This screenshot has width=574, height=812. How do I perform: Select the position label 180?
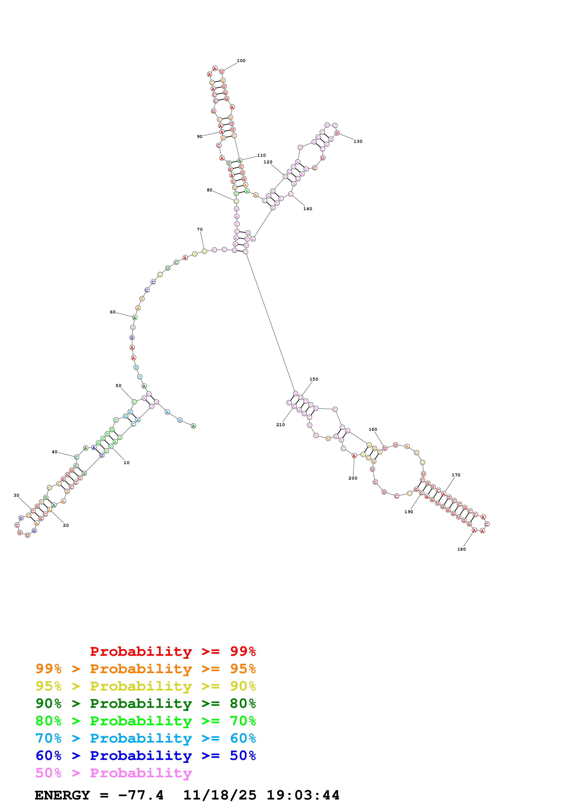click(461, 549)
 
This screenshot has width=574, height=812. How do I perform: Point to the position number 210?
click(280, 425)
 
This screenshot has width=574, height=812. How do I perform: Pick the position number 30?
click(16, 496)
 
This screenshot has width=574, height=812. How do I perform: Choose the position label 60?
click(113, 312)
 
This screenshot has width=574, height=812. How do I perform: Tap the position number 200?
click(353, 478)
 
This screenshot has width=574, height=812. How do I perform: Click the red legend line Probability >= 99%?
click(173, 651)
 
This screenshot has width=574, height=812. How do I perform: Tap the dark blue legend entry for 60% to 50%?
click(145, 756)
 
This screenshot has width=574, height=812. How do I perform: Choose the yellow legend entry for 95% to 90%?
click(145, 686)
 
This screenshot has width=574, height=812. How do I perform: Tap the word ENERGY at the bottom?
click(62, 795)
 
